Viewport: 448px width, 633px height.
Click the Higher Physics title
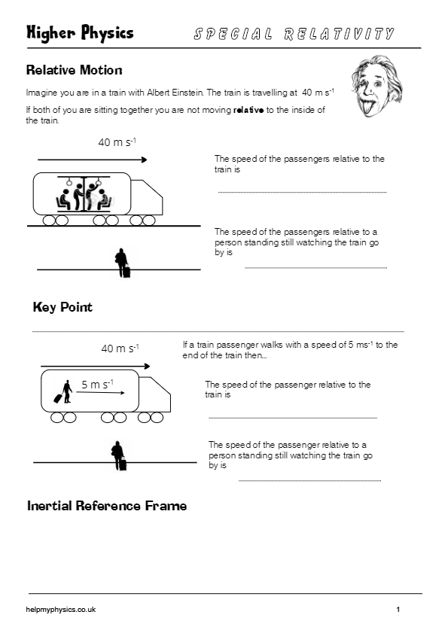click(x=80, y=32)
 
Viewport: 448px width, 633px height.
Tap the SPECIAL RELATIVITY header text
click(x=294, y=34)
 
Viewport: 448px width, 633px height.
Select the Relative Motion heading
click(x=74, y=70)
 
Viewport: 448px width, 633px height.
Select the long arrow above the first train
click(x=92, y=159)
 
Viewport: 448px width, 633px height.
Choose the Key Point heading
click(x=62, y=307)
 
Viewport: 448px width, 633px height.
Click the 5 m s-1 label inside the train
click(x=97, y=385)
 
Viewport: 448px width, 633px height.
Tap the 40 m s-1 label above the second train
click(x=120, y=348)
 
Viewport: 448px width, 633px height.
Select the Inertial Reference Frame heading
click(x=106, y=506)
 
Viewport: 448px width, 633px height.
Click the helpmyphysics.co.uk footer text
click(x=60, y=610)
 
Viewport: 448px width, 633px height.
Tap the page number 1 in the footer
click(x=398, y=610)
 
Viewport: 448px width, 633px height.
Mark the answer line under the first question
click(x=302, y=193)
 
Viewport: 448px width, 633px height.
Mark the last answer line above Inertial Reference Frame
click(x=309, y=480)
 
